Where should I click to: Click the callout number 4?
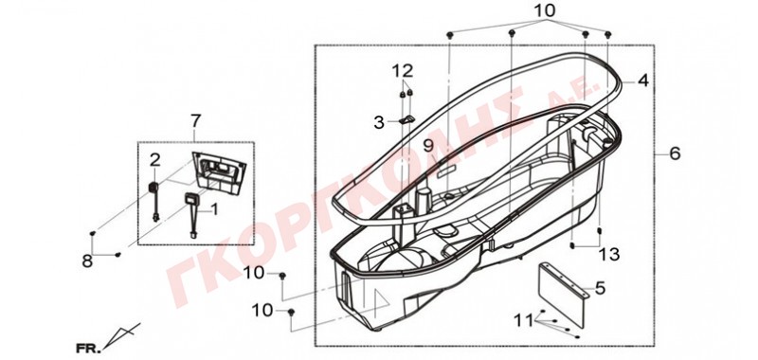tap(642, 81)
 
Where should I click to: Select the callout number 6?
tap(675, 153)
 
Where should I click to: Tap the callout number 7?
tap(195, 121)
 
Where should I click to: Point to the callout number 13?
tap(609, 254)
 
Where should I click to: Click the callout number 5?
tap(600, 289)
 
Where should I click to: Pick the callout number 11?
tap(524, 320)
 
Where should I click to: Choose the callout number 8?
tap(87, 261)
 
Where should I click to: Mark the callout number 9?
tap(428, 146)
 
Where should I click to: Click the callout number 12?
tap(403, 71)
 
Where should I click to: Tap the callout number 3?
tap(379, 123)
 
